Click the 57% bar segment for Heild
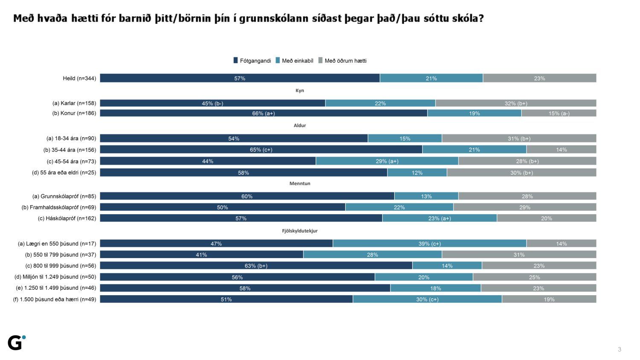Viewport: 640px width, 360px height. (240, 78)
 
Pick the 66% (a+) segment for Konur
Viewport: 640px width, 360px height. (263, 113)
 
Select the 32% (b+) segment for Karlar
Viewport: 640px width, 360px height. (515, 103)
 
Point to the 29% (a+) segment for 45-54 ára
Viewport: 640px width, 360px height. (387, 161)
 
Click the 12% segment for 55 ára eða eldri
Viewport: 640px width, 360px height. (417, 173)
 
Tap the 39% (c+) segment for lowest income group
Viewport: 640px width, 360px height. (429, 244)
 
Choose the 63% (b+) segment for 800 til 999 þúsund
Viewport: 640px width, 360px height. (256, 266)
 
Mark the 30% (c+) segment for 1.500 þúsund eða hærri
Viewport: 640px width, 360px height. (427, 299)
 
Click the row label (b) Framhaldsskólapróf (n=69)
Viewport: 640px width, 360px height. (59, 207)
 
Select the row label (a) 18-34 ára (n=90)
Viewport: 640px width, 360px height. (71, 138)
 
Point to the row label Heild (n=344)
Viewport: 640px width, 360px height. (79, 78)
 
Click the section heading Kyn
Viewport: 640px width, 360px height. (300, 90)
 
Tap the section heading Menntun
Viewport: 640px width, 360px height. (300, 183)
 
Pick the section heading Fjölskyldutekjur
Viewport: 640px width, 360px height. (300, 231)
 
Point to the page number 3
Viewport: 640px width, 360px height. (620, 349)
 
